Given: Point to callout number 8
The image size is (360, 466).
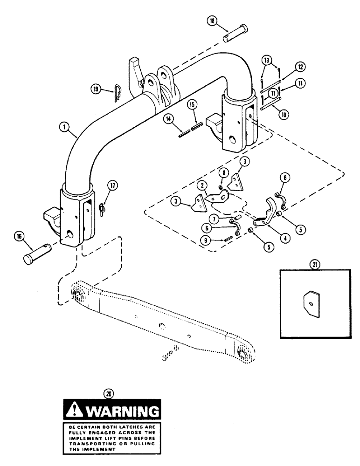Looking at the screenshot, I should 225,173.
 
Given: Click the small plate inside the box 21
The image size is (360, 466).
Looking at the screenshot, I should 311,304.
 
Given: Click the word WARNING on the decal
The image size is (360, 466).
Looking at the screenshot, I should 122,411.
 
